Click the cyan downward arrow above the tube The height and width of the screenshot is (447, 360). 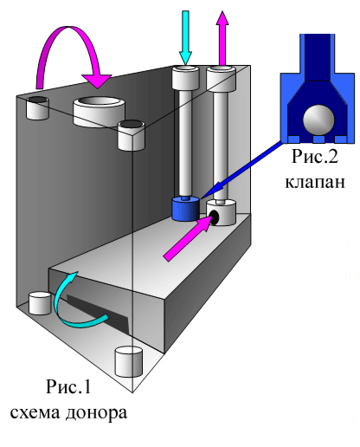click(185, 37)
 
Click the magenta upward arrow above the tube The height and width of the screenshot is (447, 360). click(222, 38)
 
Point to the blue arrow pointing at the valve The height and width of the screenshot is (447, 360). click(241, 170)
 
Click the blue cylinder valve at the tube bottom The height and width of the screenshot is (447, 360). click(185, 209)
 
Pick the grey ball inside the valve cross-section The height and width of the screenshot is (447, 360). click(318, 119)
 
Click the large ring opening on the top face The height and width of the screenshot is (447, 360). click(99, 112)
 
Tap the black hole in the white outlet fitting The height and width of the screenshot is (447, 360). click(215, 217)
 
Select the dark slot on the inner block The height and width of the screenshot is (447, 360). click(98, 314)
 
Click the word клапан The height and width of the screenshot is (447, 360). click(315, 182)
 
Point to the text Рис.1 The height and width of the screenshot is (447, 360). click(68, 386)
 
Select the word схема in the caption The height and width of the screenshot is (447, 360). click(35, 413)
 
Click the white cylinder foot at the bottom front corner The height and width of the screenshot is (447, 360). click(129, 362)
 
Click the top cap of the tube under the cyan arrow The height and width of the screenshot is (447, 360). click(185, 77)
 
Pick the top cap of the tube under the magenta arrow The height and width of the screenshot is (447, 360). click(222, 79)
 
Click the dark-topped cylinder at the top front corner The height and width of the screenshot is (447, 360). click(131, 135)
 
